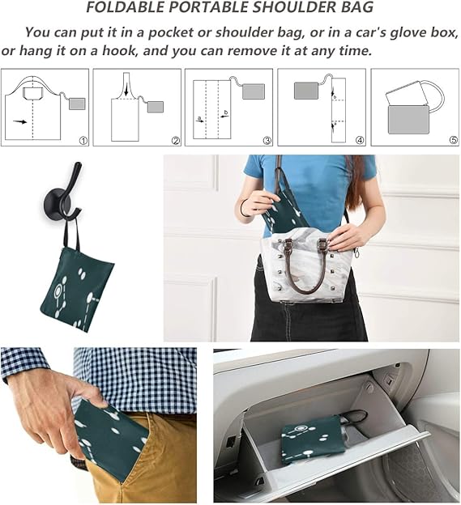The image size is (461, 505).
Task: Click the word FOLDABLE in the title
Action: click(126, 8)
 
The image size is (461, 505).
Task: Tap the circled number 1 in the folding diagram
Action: click(83, 140)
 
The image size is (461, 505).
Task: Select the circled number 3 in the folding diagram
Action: click(267, 140)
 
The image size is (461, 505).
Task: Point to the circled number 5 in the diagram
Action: click(453, 140)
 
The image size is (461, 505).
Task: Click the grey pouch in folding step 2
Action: click(155, 107)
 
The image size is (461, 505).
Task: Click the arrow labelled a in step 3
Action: click(200, 119)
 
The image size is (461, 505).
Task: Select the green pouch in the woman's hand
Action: click(284, 212)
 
